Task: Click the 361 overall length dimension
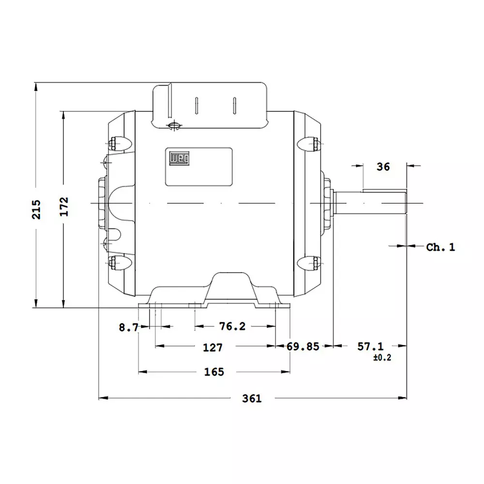[x=252, y=398]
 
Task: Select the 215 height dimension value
[x=37, y=209]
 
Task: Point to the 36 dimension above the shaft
[x=383, y=166]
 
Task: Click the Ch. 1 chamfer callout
[x=440, y=247]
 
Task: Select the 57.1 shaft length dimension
[x=370, y=347]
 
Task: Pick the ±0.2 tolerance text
[x=382, y=358]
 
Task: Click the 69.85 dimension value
[x=303, y=347]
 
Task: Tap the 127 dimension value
[x=212, y=348]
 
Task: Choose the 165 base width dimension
[x=214, y=372]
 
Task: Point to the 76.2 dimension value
[x=232, y=327]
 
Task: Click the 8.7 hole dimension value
[x=128, y=328]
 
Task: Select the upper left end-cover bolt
[x=114, y=143]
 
